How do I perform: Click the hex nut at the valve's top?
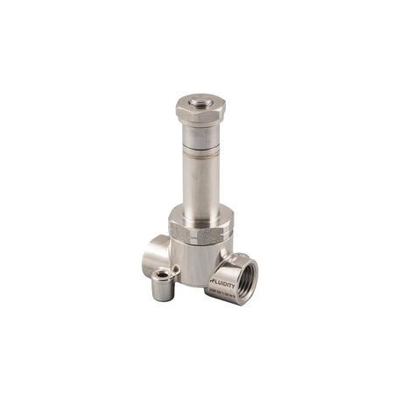pyautogui.click(x=200, y=111)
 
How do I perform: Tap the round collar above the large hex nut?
pyautogui.click(x=200, y=213)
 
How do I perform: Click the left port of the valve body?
pyautogui.click(x=156, y=253)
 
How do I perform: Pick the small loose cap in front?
pyautogui.click(x=163, y=286)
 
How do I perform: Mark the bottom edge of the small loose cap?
pyautogui.click(x=163, y=299)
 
